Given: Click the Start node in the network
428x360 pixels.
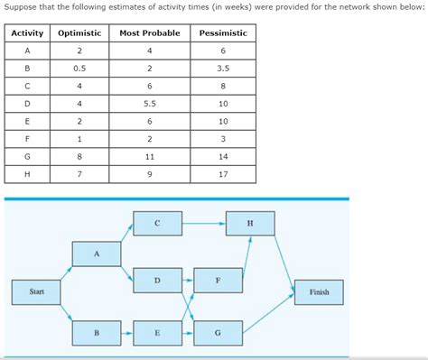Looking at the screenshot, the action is point(37,292).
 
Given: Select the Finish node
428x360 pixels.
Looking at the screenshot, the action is point(318,292).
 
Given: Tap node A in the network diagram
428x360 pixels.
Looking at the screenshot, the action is point(97,254).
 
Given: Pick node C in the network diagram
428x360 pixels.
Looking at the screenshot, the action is point(157,223).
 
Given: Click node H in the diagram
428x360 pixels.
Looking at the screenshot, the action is point(250,223).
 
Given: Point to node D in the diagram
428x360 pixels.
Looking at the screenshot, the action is point(157,281).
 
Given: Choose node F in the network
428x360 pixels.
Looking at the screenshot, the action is point(218,281).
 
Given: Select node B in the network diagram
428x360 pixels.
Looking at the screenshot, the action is point(97,333).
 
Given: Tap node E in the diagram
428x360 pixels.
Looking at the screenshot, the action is point(157,333).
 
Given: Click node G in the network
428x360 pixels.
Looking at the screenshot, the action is point(218,333).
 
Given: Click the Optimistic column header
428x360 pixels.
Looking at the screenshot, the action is point(79,33).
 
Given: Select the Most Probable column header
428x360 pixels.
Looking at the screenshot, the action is point(149,33).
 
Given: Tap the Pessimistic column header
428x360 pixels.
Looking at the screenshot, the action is point(222,33).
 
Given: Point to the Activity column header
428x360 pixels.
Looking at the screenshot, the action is point(27,33).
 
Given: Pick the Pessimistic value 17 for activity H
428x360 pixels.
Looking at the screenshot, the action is point(222,174).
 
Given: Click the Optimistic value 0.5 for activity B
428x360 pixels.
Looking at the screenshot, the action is point(79,69).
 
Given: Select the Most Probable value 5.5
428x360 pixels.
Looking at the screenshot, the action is point(149,104).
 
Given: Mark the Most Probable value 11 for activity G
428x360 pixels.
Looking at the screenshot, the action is point(149,156).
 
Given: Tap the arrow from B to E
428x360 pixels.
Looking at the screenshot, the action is point(127,333).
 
